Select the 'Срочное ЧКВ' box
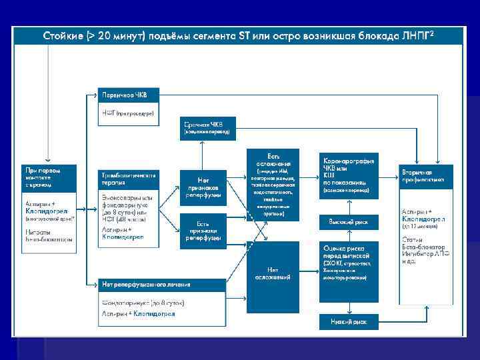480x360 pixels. click(207, 127)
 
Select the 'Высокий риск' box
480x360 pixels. click(349, 220)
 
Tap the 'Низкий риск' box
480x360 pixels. click(349, 322)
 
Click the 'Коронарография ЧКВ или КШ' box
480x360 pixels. click(349, 176)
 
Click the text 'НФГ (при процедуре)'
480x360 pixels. click(128, 114)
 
